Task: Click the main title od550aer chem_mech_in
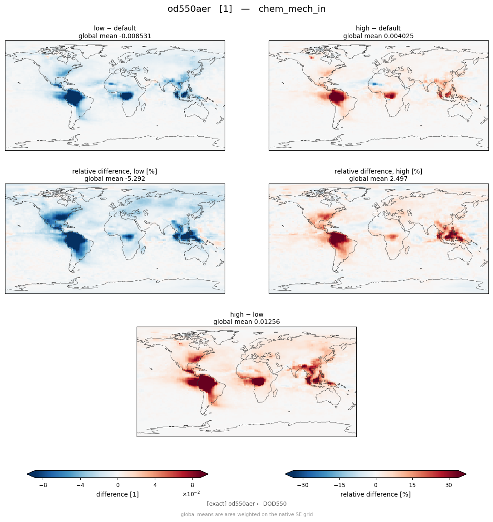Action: (246, 9)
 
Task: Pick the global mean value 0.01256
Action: (265, 322)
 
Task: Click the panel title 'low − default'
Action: (115, 28)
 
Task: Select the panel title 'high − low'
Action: (246, 314)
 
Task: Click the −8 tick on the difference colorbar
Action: (43, 485)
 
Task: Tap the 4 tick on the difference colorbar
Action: (155, 485)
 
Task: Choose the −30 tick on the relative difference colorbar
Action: (303, 485)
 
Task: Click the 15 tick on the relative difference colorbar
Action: (412, 485)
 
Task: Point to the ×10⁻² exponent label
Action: (191, 494)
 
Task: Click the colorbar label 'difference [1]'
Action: (118, 494)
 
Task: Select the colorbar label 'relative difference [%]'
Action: (375, 494)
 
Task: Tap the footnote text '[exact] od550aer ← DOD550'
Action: (246, 504)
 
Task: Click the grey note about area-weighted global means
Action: (246, 514)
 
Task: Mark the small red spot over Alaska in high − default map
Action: (311, 58)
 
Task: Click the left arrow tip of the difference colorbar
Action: (27, 474)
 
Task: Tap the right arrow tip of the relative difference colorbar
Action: (466, 474)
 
